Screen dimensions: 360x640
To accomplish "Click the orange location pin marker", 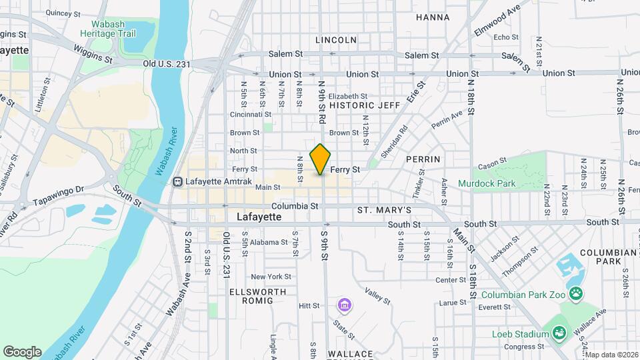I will point(321,159).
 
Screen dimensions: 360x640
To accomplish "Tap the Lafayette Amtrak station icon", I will point(178,181).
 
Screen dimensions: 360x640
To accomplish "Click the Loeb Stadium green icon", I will point(559,333).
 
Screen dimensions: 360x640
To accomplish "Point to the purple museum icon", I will point(345,305).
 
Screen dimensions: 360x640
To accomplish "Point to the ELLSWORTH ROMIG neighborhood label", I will point(257,296).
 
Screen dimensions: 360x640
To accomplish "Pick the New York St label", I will point(271,277).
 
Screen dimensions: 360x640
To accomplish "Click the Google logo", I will point(22,352).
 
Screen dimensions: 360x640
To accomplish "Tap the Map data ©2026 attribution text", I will point(611,355).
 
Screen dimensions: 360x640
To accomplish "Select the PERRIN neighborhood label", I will point(423,159).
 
